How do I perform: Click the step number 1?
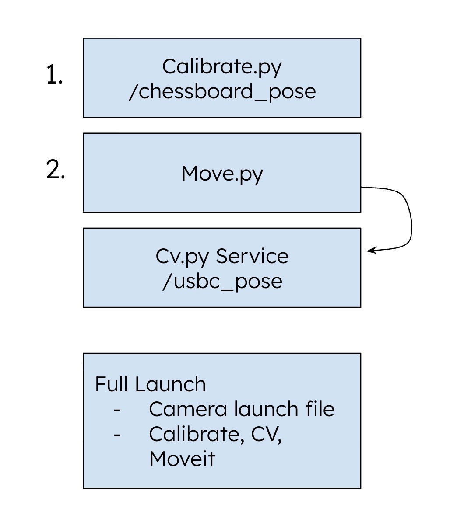(x=54, y=75)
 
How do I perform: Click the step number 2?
(x=56, y=170)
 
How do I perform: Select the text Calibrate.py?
(x=222, y=67)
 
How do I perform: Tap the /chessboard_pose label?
(x=222, y=92)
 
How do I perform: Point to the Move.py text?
(x=222, y=174)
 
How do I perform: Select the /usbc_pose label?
(x=222, y=281)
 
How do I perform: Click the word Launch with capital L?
(x=170, y=384)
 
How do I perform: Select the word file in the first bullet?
(x=320, y=409)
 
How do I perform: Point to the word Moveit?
(x=182, y=459)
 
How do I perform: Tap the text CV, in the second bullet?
(x=266, y=435)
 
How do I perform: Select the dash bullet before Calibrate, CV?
(x=117, y=435)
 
